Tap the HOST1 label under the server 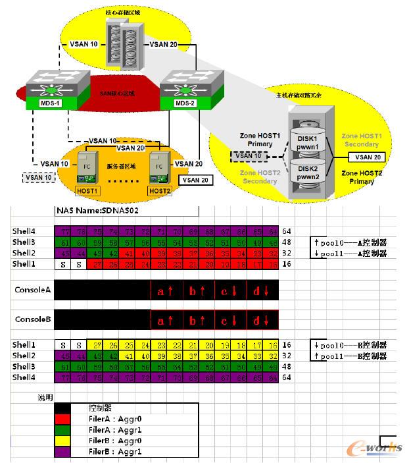coord(87,190)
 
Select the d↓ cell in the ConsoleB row coord(262,320)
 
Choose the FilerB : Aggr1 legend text coord(116,452)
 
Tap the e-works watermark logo coord(377,448)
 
